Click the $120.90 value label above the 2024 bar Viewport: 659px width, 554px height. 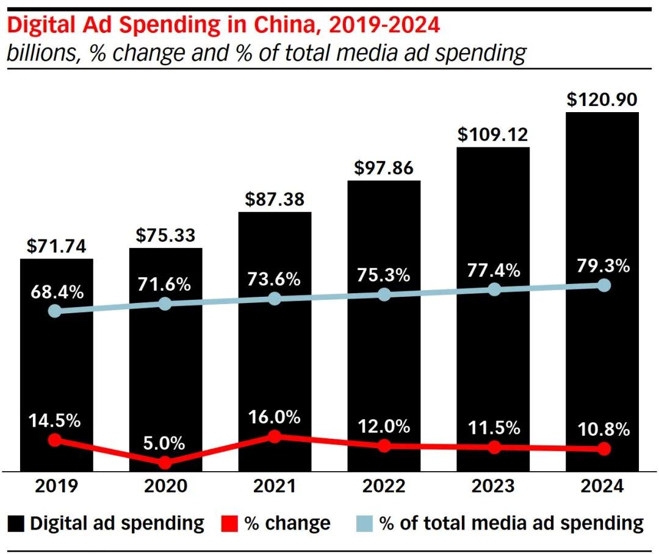click(x=602, y=99)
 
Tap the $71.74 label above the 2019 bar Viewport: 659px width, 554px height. click(x=57, y=246)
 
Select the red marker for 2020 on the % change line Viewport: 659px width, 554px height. click(x=165, y=463)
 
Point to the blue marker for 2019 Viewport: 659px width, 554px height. click(x=55, y=311)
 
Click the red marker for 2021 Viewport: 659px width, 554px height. click(x=275, y=436)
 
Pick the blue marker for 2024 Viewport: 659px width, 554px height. click(x=604, y=285)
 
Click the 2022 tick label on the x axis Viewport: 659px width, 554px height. click(x=384, y=486)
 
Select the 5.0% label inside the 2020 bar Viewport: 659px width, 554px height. click(x=165, y=443)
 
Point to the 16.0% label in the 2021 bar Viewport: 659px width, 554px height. click(x=275, y=417)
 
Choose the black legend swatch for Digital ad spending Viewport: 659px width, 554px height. click(x=16, y=524)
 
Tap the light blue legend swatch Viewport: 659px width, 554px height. click(x=364, y=524)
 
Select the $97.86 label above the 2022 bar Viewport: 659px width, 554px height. click(x=384, y=168)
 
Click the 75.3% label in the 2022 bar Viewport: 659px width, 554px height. click(x=384, y=275)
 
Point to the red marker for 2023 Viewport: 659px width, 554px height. click(x=494, y=447)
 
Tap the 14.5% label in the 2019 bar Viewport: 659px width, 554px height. click(x=55, y=421)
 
